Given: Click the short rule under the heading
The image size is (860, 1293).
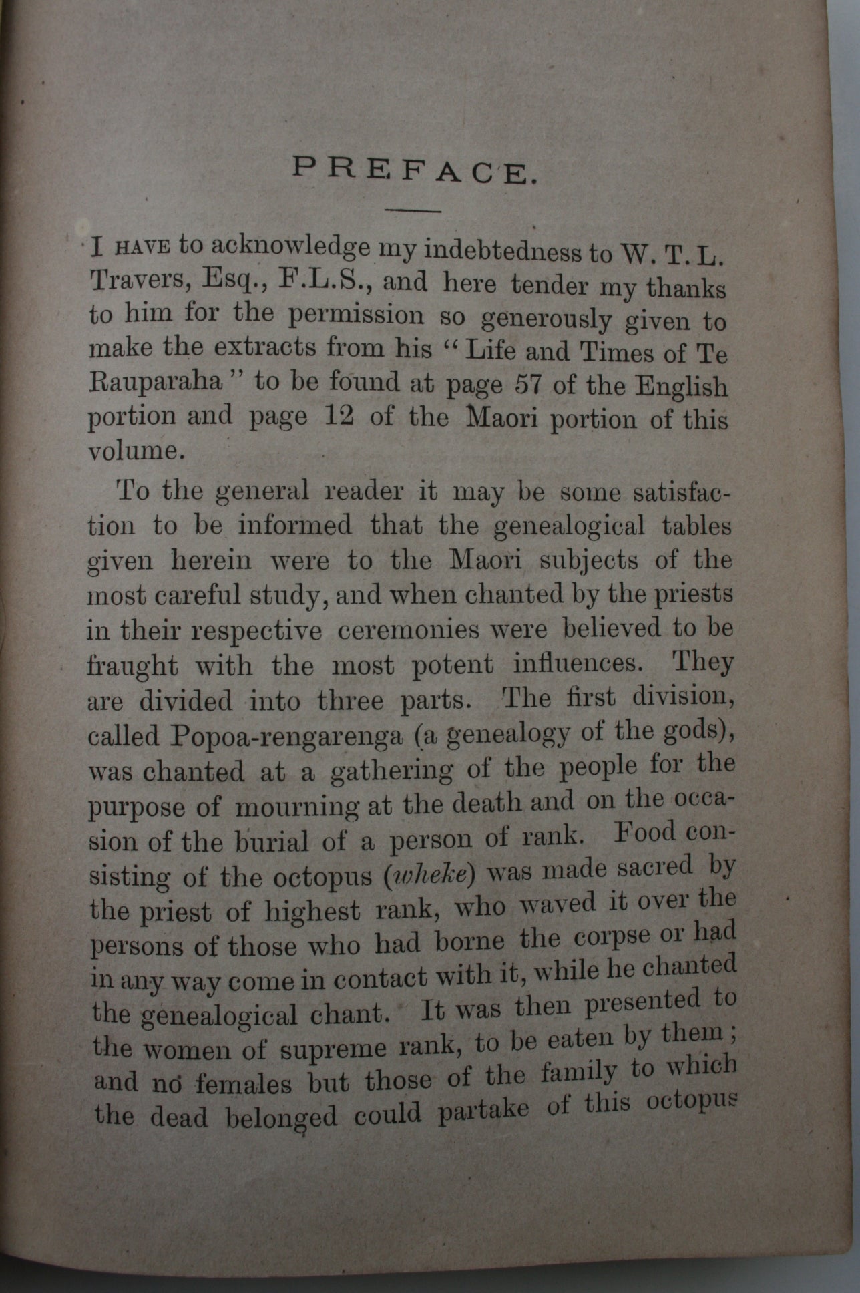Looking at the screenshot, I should pos(414,211).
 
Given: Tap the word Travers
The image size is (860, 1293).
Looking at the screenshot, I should pos(131,282).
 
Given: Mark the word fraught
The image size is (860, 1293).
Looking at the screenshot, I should pos(133,666).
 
